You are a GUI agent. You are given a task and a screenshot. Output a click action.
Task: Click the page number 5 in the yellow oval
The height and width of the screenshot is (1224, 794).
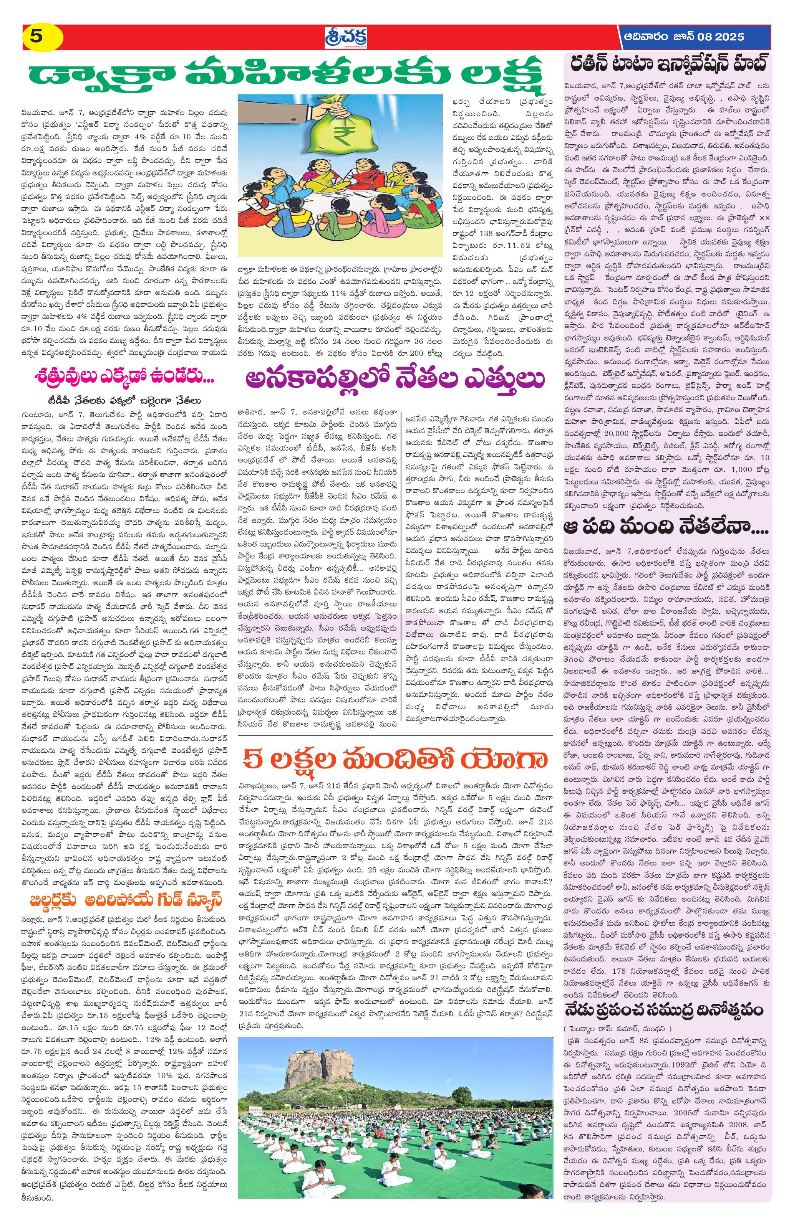(36, 36)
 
